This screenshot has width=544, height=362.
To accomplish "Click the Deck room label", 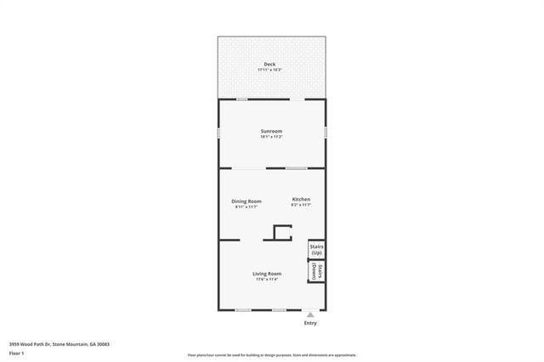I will [x=269, y=64].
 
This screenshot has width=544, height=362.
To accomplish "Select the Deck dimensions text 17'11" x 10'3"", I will [x=269, y=70].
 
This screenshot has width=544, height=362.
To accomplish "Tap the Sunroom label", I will [x=271, y=131].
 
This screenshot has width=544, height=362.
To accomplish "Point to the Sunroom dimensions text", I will [x=271, y=137].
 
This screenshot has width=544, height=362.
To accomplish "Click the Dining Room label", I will [x=246, y=201].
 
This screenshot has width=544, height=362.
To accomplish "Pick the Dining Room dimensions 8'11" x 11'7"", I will [x=246, y=206].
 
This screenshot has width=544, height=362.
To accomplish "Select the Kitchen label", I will [x=301, y=199].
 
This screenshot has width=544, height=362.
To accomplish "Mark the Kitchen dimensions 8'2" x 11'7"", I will [x=301, y=205].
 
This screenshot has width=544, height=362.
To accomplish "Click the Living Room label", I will [x=267, y=273].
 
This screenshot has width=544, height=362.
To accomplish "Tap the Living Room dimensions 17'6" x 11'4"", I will [x=267, y=279].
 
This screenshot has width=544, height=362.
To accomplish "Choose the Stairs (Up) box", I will [x=316, y=250].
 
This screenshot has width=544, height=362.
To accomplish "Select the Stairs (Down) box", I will [x=316, y=271].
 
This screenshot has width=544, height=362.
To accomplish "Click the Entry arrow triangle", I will [x=310, y=314].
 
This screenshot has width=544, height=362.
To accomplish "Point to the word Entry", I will [x=310, y=323].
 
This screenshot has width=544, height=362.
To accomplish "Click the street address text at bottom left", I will [x=59, y=344].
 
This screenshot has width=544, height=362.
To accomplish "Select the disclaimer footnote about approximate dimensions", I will [x=272, y=355].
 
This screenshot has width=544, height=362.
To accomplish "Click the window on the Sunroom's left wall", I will [x=218, y=133].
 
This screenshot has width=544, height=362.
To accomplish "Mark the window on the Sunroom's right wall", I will [x=326, y=133].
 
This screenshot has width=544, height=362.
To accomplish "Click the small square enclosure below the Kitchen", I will [x=280, y=233].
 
